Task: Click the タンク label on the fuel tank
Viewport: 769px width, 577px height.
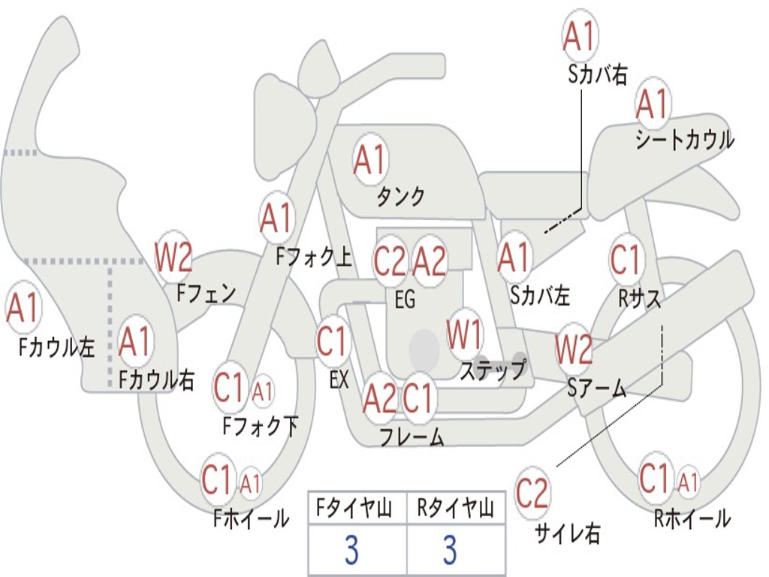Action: tap(400, 197)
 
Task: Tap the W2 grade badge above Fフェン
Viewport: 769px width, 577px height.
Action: tap(173, 257)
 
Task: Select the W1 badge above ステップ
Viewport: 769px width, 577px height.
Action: tap(465, 335)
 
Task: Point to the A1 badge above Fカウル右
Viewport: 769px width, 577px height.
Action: tap(135, 342)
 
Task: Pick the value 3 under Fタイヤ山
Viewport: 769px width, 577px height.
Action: tap(351, 551)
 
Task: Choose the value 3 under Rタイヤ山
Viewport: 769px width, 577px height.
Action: tap(449, 551)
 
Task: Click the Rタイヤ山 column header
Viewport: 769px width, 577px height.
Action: tap(455, 509)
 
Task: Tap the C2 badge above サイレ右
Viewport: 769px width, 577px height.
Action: tap(532, 494)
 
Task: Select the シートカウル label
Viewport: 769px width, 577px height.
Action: tap(684, 140)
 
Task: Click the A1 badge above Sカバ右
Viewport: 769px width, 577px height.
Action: tap(579, 35)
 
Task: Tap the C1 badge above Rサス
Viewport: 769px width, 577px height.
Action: tap(626, 259)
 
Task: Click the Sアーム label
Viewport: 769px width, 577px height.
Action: tap(596, 388)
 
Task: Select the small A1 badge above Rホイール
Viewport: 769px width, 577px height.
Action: tap(688, 481)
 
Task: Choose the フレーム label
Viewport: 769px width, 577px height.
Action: tap(411, 437)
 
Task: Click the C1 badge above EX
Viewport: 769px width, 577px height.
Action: tap(332, 341)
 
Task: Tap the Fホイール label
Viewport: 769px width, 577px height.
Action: tap(251, 518)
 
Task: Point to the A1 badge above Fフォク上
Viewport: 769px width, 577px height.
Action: tap(276, 218)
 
